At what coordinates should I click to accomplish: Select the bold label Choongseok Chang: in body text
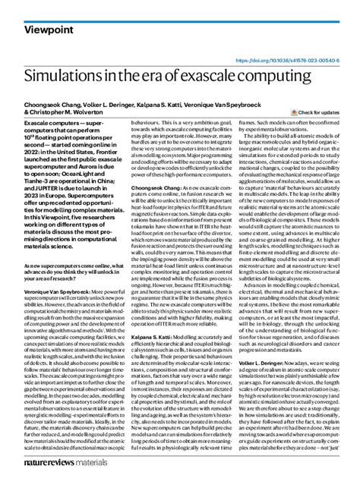(x=137, y=186)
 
